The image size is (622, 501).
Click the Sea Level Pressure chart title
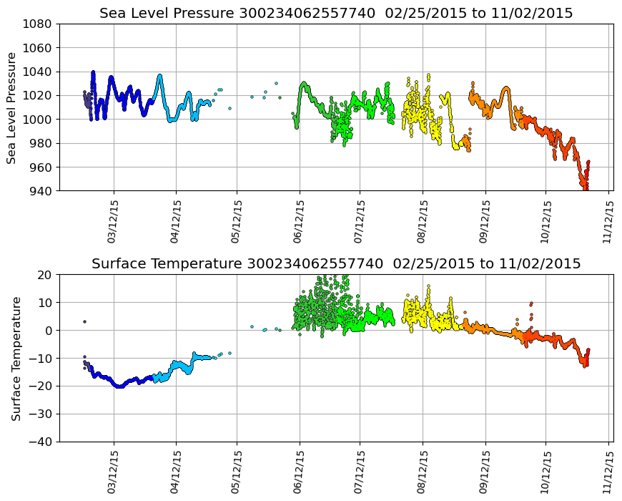pos(336,14)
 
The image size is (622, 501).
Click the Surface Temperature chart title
pos(336,264)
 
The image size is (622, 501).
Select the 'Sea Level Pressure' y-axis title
pos(13,107)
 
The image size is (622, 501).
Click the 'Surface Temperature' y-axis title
pos(16,358)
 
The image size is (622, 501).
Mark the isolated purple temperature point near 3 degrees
pos(84,321)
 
